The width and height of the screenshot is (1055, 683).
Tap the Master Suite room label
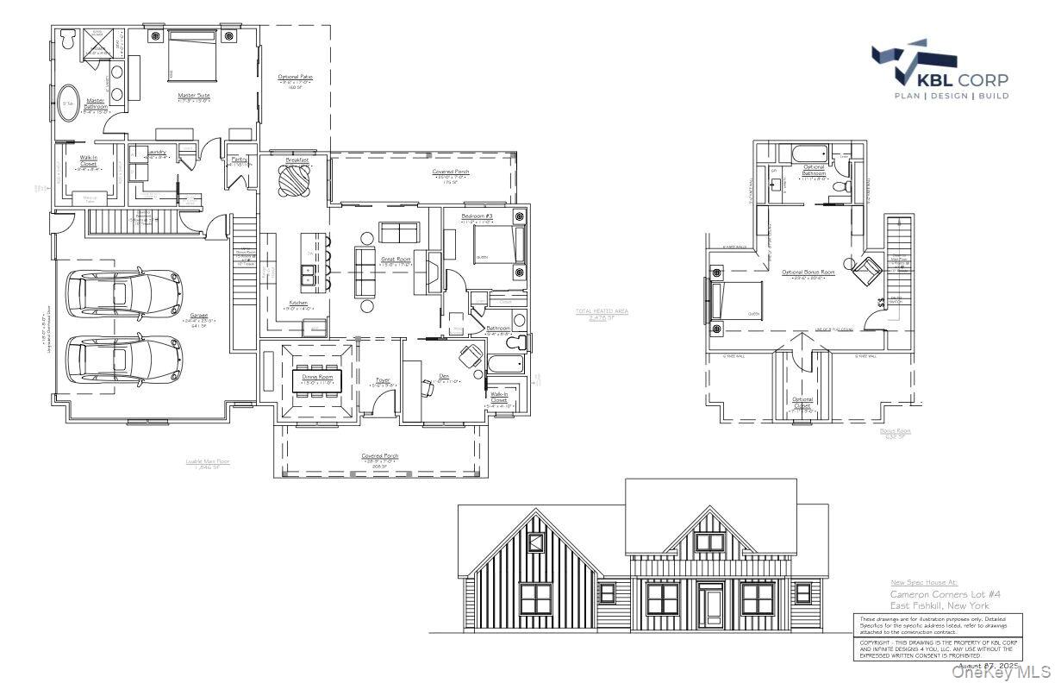tap(194, 95)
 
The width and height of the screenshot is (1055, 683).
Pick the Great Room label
tap(396, 258)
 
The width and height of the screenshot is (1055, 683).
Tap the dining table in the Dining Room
tap(316, 380)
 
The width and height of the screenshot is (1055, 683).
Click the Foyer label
tap(383, 379)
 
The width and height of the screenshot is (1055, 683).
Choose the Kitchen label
tap(298, 303)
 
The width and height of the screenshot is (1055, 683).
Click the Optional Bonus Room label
tap(808, 273)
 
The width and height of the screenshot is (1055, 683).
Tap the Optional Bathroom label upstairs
tap(814, 170)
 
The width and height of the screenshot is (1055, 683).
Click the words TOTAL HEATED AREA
tap(602, 310)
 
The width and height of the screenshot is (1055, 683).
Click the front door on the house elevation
tap(711, 606)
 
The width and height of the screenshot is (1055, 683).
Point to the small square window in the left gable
tap(536, 542)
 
